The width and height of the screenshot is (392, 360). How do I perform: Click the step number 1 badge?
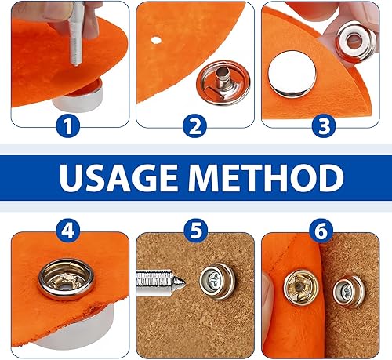coord(68,125)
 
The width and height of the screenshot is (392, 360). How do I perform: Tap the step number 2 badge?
coord(194,125)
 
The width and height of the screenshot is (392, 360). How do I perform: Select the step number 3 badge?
coord(324,125)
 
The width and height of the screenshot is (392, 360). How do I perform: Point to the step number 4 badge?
coord(68,230)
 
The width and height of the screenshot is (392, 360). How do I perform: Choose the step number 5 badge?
coord(196,230)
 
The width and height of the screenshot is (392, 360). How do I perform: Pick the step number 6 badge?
coord(321,230)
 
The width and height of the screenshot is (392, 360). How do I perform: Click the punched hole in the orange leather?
coord(156,40)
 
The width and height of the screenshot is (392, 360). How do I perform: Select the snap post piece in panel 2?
coord(223,82)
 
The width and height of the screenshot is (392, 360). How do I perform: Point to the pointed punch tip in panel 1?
coord(76,64)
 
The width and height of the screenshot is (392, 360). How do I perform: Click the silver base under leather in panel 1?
coord(78,97)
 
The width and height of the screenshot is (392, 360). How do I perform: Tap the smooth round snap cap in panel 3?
coord(292,75)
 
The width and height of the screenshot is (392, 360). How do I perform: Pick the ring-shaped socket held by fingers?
coord(356,42)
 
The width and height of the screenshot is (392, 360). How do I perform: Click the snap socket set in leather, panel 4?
coord(67,279)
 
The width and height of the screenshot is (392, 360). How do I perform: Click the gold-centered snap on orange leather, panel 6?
coord(301,288)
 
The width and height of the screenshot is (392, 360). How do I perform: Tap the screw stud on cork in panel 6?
coord(349,291)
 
